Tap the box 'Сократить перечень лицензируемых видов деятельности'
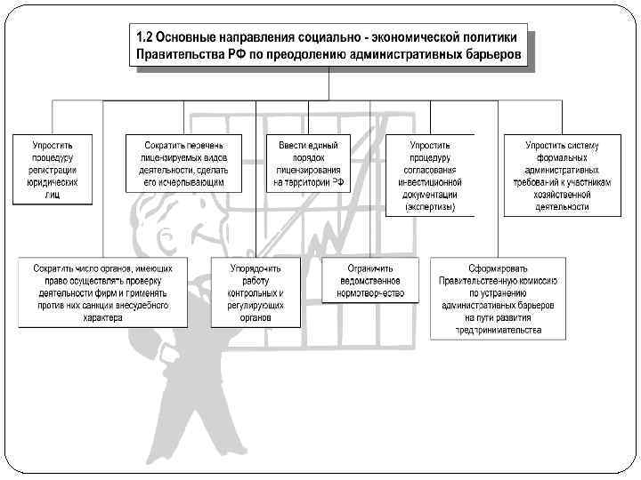(x=185, y=163)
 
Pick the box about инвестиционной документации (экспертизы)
(x=430, y=174)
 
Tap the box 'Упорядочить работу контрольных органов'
(x=256, y=292)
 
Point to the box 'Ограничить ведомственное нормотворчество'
(x=371, y=279)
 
